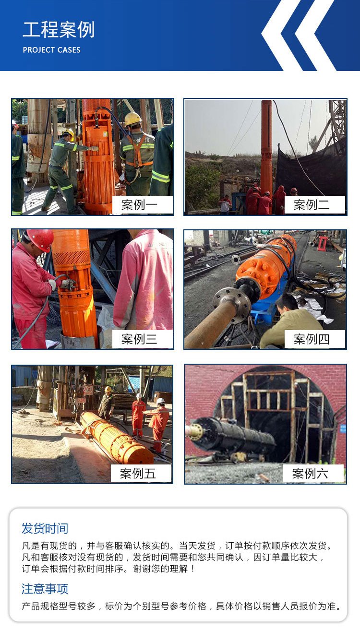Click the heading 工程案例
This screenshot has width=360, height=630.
(59, 30)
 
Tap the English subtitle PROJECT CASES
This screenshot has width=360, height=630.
(51, 50)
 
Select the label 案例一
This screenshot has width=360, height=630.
(140, 205)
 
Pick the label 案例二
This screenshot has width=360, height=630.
(312, 205)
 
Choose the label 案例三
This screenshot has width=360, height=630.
(140, 339)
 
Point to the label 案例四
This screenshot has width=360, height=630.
(312, 339)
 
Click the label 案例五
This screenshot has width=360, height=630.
(138, 474)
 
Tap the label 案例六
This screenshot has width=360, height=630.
(310, 474)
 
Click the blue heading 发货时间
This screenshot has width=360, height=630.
(45, 528)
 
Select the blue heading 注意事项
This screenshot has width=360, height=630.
(45, 589)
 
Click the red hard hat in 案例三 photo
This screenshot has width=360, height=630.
(41, 239)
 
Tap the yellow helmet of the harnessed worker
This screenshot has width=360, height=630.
(132, 119)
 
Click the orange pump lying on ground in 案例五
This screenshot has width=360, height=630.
(117, 438)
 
